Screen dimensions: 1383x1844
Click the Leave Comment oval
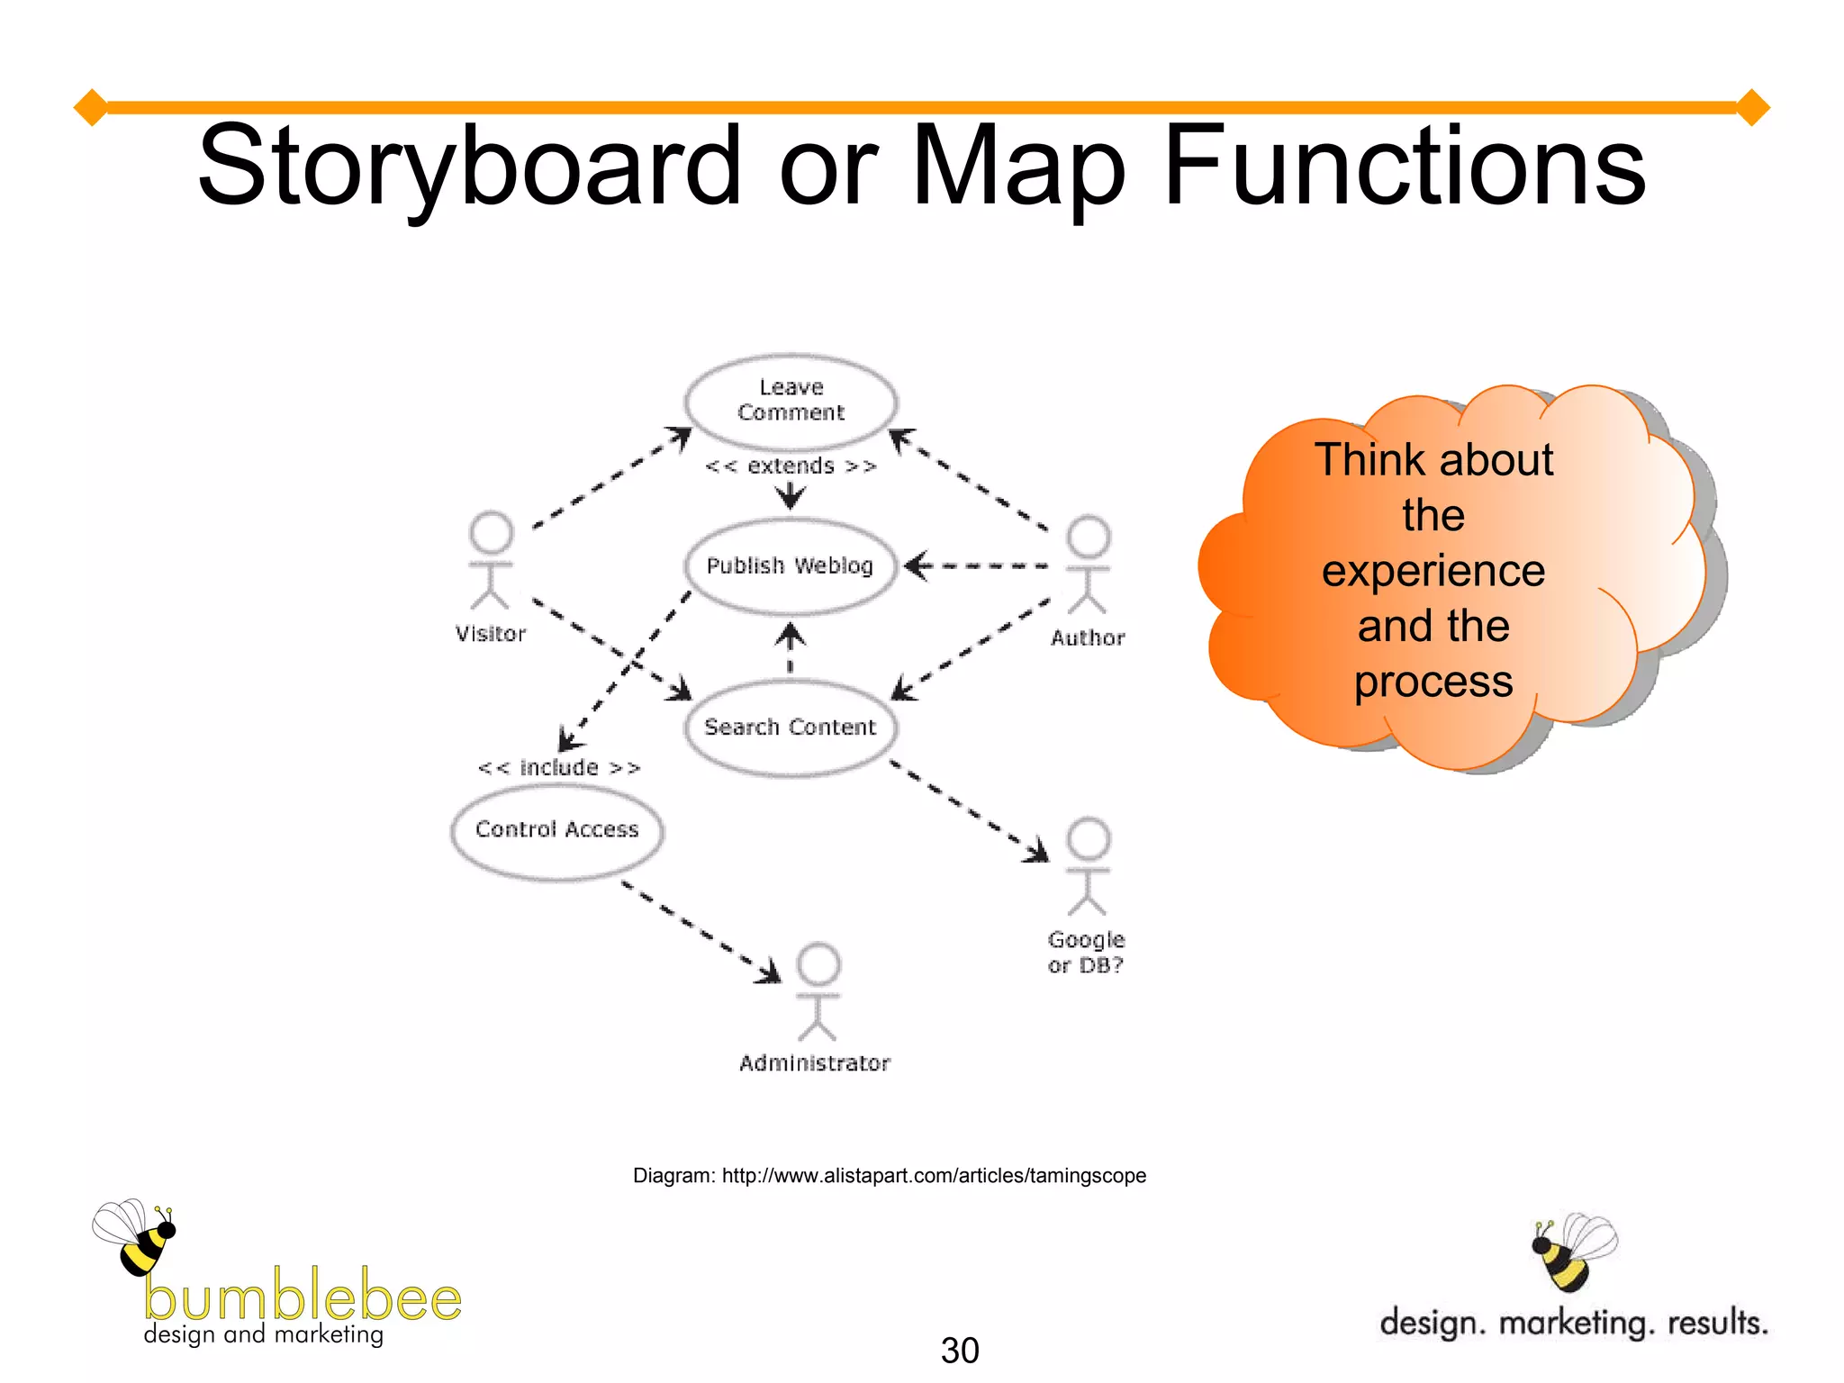[x=791, y=401]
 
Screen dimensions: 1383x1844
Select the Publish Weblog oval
[x=791, y=565]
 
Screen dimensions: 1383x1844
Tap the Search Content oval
[x=791, y=727]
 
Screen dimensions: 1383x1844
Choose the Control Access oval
[x=556, y=829]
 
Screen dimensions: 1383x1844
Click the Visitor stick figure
[x=491, y=561]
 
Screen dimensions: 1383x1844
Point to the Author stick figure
[x=1088, y=565]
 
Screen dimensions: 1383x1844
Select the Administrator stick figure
[x=818, y=991]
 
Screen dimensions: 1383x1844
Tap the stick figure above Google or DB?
[x=1088, y=866]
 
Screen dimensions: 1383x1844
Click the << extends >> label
[x=791, y=466]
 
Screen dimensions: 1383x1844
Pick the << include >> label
[x=559, y=768]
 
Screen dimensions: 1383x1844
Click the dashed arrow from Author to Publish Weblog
[x=977, y=566]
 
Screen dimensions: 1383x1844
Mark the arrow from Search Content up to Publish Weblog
[x=791, y=646]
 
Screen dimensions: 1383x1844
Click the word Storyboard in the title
[x=467, y=167]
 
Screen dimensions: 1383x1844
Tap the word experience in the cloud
[x=1433, y=571]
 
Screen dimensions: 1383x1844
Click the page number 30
[x=959, y=1350]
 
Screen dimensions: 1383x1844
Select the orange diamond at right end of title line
[x=1752, y=107]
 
